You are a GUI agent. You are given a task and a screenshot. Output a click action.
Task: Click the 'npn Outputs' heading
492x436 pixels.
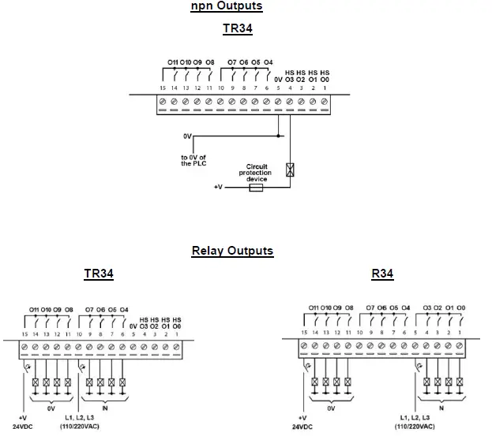pos(227,6)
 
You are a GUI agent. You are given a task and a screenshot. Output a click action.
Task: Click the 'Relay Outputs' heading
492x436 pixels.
pos(232,251)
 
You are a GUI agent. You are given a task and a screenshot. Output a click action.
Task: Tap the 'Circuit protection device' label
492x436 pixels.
pos(257,173)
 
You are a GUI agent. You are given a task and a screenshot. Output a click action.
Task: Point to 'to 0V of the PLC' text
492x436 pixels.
pos(193,159)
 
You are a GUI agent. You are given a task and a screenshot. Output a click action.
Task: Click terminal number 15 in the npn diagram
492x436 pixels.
pos(163,88)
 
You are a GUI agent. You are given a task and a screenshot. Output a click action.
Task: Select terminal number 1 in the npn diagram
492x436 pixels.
pos(325,88)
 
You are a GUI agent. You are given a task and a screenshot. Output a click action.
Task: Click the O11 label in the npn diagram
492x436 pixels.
pos(173,61)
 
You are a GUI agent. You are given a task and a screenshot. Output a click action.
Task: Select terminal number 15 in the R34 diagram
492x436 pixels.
pos(304,334)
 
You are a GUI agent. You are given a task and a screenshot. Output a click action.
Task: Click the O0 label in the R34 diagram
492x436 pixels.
pos(460,307)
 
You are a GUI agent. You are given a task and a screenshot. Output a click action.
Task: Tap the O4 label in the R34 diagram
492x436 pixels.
pos(405,307)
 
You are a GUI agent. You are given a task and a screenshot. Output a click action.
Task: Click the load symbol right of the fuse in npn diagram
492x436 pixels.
pos(291,170)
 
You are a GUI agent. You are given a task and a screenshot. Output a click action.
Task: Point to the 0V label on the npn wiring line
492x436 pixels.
pos(187,136)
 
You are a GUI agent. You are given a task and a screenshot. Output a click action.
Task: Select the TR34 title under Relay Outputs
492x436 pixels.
pos(99,274)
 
